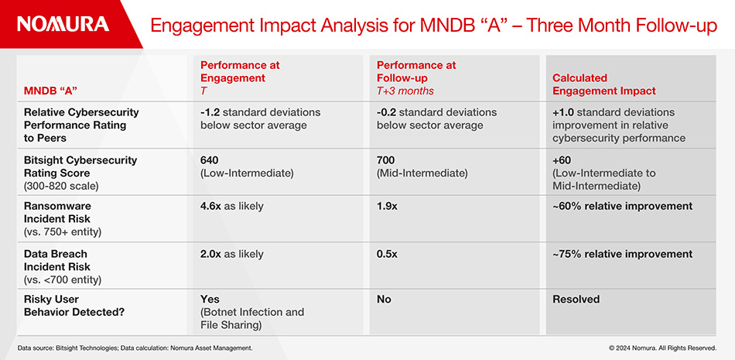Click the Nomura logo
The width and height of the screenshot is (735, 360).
[63, 24]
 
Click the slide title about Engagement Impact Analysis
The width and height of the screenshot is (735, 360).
[433, 26]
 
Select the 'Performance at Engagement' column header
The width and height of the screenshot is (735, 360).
[240, 77]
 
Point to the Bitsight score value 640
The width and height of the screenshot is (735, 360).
[210, 160]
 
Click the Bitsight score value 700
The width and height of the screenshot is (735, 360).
[386, 160]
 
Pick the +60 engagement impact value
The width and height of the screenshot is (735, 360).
[563, 160]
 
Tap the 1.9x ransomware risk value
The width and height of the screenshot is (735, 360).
[388, 207]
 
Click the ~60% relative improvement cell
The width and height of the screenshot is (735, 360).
[622, 207]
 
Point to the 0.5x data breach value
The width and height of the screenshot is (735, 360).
[387, 254]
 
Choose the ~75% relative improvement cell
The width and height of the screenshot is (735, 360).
[622, 254]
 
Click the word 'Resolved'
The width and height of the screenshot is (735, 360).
[576, 299]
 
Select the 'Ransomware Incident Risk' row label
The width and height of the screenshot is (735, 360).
[62, 213]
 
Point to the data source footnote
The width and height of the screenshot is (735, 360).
[135, 348]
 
